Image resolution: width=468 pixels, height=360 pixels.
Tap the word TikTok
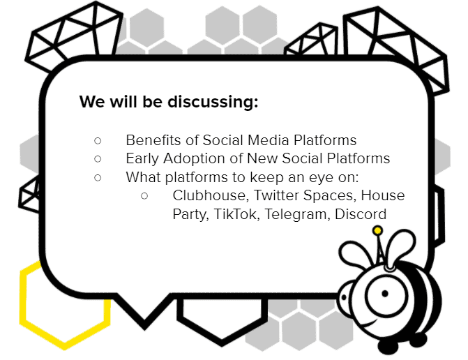point(235,214)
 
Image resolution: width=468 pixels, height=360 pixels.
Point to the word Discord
point(361,214)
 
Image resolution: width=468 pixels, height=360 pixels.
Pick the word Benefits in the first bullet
point(153,140)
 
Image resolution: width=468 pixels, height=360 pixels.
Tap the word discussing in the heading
point(213,103)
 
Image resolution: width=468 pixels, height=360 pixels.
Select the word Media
point(269,140)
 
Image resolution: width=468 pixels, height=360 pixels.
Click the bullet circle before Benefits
point(98,141)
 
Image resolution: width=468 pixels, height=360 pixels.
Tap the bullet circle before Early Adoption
point(98,159)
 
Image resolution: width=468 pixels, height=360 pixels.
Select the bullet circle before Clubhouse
point(144,196)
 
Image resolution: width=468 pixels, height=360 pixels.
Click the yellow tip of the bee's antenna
point(377,230)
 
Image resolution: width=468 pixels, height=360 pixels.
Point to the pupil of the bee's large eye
point(385,294)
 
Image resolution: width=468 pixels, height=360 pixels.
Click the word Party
point(190,215)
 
